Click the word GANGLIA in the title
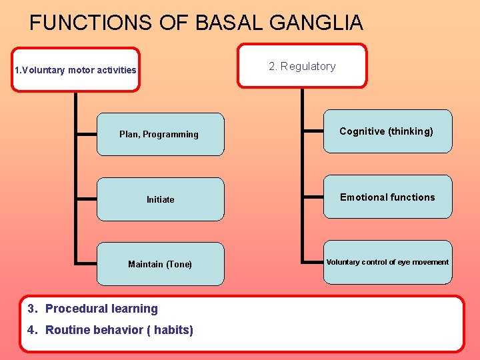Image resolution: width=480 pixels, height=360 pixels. pos(316,23)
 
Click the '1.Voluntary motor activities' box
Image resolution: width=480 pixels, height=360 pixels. pos(75,69)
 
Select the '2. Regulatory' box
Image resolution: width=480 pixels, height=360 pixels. pos(302,66)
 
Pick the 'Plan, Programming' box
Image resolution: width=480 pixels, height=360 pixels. pos(160,134)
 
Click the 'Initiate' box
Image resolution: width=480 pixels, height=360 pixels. pos(160,199)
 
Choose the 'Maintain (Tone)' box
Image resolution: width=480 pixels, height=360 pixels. pos(160,264)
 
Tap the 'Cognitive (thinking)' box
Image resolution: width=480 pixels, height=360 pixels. pos(387,131)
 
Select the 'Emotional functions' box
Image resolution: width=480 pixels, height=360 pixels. pos(387,197)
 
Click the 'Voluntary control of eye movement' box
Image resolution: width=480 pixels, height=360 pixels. pos(387,262)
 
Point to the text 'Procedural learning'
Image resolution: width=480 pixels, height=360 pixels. pos(101,309)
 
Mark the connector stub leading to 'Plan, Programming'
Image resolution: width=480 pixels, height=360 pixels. pos(87,134)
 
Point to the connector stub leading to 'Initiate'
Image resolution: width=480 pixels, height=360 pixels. pos(87,199)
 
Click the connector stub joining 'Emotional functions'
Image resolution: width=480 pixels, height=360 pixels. pos(313,197)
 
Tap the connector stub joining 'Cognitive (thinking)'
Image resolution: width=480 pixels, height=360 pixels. pos(313,131)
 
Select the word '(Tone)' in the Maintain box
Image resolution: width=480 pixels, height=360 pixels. pos(179,264)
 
